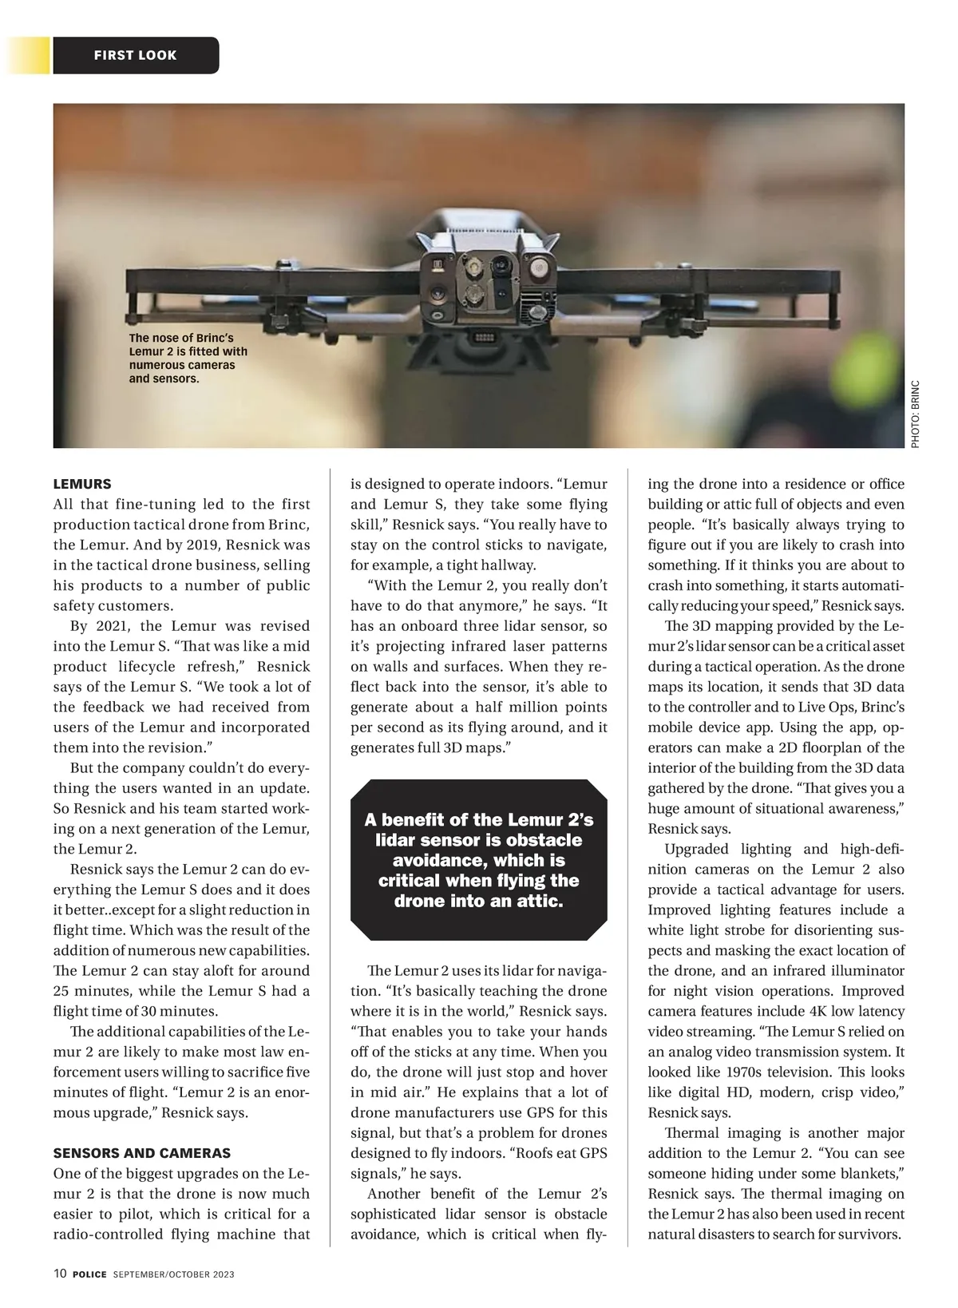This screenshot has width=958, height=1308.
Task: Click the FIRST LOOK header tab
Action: click(x=136, y=55)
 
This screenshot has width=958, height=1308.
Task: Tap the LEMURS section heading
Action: click(x=82, y=484)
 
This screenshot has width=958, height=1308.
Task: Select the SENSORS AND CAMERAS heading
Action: click(x=142, y=1153)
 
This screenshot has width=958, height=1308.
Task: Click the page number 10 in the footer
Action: click(x=61, y=1274)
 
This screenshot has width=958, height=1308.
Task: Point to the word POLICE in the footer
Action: click(x=89, y=1274)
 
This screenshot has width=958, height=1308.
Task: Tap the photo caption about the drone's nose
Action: click(x=188, y=359)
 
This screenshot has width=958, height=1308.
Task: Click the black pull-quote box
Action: click(x=479, y=860)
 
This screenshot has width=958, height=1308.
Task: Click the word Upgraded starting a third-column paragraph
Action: click(x=696, y=849)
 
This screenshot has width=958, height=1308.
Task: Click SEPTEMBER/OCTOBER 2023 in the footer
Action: click(x=173, y=1274)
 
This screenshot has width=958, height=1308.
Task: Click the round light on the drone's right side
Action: click(x=540, y=268)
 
